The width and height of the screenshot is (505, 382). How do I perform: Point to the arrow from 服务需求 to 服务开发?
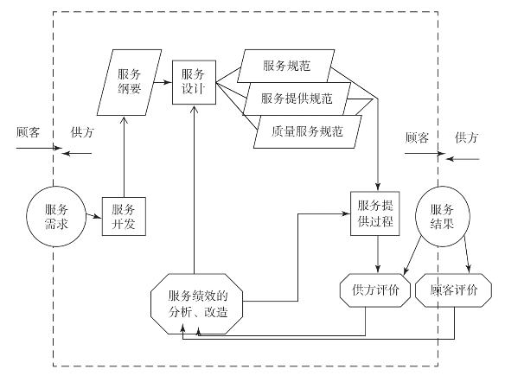pyautogui.click(x=93, y=215)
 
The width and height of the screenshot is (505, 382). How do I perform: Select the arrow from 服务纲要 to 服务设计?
pyautogui.click(x=162, y=82)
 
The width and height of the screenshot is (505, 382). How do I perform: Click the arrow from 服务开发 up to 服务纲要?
pyautogui.click(x=124, y=156)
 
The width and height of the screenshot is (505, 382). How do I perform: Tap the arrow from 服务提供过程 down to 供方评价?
pyautogui.click(x=378, y=255)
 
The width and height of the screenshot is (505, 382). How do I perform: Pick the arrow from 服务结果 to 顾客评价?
pyautogui.click(x=467, y=255)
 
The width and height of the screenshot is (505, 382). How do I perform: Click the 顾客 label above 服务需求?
pyautogui.click(x=29, y=132)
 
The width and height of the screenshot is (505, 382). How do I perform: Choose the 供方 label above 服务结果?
pyautogui.click(x=466, y=137)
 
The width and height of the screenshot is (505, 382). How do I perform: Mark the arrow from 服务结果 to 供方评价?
pyautogui.click(x=412, y=256)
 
